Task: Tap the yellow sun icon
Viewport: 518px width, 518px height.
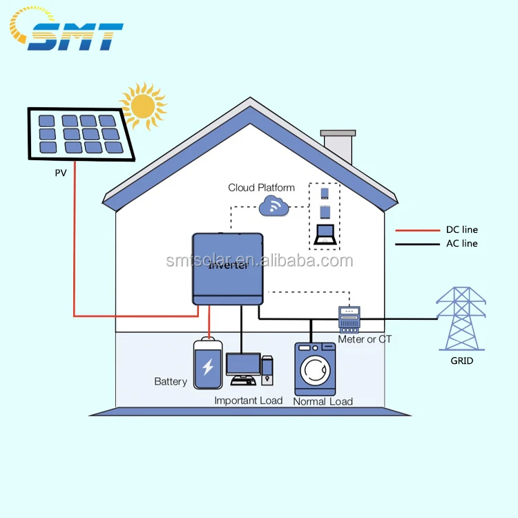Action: pos(143,106)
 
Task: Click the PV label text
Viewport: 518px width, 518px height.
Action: pos(61,173)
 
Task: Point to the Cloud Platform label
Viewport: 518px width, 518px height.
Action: pos(261,187)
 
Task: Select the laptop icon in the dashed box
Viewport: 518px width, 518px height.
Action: pos(324,234)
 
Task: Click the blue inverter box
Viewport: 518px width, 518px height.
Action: pos(227,268)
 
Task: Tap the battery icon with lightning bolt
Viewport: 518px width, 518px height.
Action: pos(208,363)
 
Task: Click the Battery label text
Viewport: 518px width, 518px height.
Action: pos(171,381)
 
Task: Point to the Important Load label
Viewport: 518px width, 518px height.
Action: pos(248,401)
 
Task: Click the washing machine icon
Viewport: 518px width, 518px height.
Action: pos(315,368)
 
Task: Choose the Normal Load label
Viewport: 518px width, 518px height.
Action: pos(323,401)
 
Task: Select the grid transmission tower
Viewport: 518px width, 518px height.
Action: pos(461,318)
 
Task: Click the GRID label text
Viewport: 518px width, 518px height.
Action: pos(461,361)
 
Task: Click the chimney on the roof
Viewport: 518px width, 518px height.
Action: pos(338,146)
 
